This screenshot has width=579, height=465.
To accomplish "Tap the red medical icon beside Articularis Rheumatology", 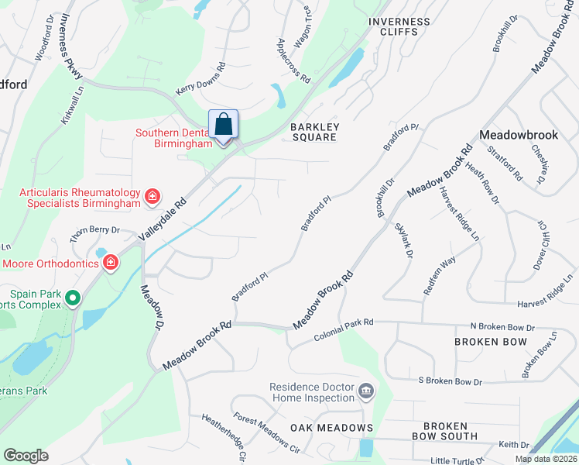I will (152, 197).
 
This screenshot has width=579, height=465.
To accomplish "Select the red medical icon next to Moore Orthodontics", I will (111, 263).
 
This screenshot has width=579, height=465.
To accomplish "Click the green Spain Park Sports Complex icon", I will (73, 298).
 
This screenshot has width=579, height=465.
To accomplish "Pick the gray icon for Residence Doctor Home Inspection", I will (367, 392).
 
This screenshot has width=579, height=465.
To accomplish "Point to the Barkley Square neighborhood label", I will (313, 132).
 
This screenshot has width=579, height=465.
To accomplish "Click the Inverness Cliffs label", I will (399, 27).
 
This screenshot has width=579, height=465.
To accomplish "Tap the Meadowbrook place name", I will (518, 135).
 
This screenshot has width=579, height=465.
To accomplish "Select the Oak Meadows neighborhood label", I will (331, 428).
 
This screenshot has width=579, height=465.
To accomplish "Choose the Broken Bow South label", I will (445, 432).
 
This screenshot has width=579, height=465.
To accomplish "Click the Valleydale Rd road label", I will (163, 216).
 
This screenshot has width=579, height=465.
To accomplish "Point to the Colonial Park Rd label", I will (344, 329).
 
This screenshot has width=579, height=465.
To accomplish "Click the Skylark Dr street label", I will (402, 240).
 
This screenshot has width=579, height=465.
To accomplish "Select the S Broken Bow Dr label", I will (450, 381).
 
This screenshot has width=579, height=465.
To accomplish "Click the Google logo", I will (26, 456).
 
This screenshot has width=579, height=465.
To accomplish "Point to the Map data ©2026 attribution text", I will (546, 459).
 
